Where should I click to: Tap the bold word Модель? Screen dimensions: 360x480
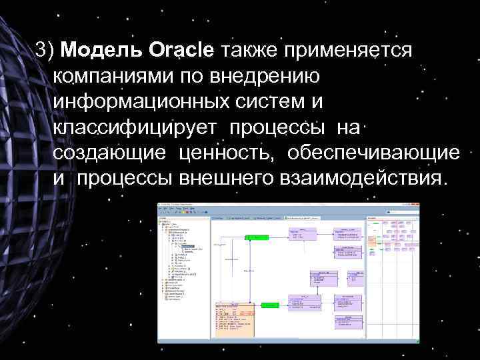coord(107,50)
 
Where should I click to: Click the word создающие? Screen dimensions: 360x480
coord(110,153)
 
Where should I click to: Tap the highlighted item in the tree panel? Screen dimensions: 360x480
coord(189,248)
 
